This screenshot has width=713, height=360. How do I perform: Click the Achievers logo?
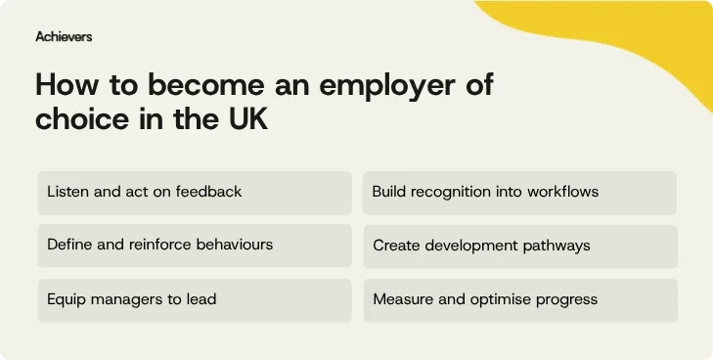pos(64,36)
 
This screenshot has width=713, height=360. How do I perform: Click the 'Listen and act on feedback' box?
pos(194,193)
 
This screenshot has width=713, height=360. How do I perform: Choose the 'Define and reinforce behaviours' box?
pos(194,246)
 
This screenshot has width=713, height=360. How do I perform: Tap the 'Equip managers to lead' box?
pos(194,299)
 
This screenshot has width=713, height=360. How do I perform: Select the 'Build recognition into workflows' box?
pos(519,193)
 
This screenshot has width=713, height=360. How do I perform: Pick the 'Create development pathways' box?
pos(519,246)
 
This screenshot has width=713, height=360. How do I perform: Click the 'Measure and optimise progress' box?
pos(519,299)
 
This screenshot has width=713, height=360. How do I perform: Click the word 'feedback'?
pos(208,192)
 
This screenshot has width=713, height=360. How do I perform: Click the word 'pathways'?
pos(555,245)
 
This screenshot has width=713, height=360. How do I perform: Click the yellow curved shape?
pos(626,39)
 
